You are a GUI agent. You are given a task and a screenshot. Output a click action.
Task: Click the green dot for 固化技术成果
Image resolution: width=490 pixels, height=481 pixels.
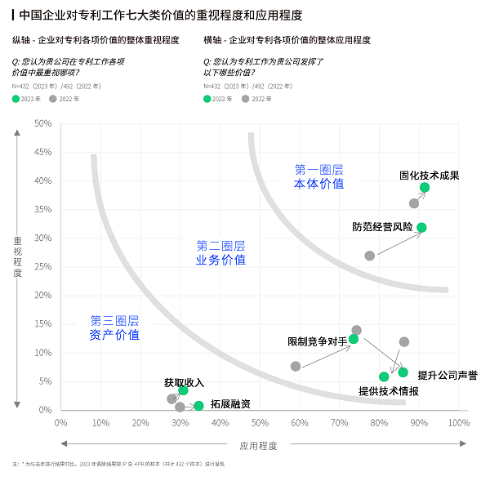425,188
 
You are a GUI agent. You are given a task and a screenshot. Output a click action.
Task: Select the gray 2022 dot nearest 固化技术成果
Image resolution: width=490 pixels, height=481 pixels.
414,203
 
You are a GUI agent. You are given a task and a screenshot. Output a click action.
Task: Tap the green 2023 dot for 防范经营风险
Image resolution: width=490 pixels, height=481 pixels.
421,228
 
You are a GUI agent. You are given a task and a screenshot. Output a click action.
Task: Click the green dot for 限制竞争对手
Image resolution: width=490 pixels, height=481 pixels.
354,339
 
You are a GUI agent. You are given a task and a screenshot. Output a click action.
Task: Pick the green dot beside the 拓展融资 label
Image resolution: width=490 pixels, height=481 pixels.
198,406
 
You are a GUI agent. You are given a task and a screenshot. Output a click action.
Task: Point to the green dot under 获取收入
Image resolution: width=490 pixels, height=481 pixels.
183,390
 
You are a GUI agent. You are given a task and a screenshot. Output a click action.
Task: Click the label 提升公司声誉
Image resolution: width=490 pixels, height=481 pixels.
447,375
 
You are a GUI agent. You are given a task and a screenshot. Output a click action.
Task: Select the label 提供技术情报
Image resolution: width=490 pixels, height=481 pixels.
389,391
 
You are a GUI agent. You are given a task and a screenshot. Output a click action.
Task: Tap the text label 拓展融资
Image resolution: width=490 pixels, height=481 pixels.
230,403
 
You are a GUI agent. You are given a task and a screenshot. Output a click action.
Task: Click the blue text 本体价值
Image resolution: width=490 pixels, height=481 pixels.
318,185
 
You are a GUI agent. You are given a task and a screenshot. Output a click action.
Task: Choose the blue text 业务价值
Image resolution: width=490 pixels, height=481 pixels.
220,260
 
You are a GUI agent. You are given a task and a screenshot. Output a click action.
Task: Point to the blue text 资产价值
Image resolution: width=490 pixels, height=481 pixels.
114,335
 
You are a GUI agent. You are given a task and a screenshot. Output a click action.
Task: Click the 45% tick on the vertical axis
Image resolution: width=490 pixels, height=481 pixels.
43,153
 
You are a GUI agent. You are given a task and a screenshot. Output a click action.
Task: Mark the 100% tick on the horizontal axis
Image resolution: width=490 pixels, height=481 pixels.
458,423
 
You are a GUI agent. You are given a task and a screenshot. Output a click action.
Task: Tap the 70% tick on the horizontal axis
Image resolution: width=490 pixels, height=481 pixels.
339,423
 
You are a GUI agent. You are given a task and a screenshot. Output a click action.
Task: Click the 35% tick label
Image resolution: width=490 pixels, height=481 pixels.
43,210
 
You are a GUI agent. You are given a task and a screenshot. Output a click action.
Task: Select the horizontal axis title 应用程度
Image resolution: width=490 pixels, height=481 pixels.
258,446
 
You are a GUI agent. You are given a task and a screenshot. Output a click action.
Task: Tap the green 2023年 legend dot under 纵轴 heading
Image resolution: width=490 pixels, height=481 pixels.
16,99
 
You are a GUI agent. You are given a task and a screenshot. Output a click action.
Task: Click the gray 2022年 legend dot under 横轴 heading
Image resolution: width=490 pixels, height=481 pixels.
245,99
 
